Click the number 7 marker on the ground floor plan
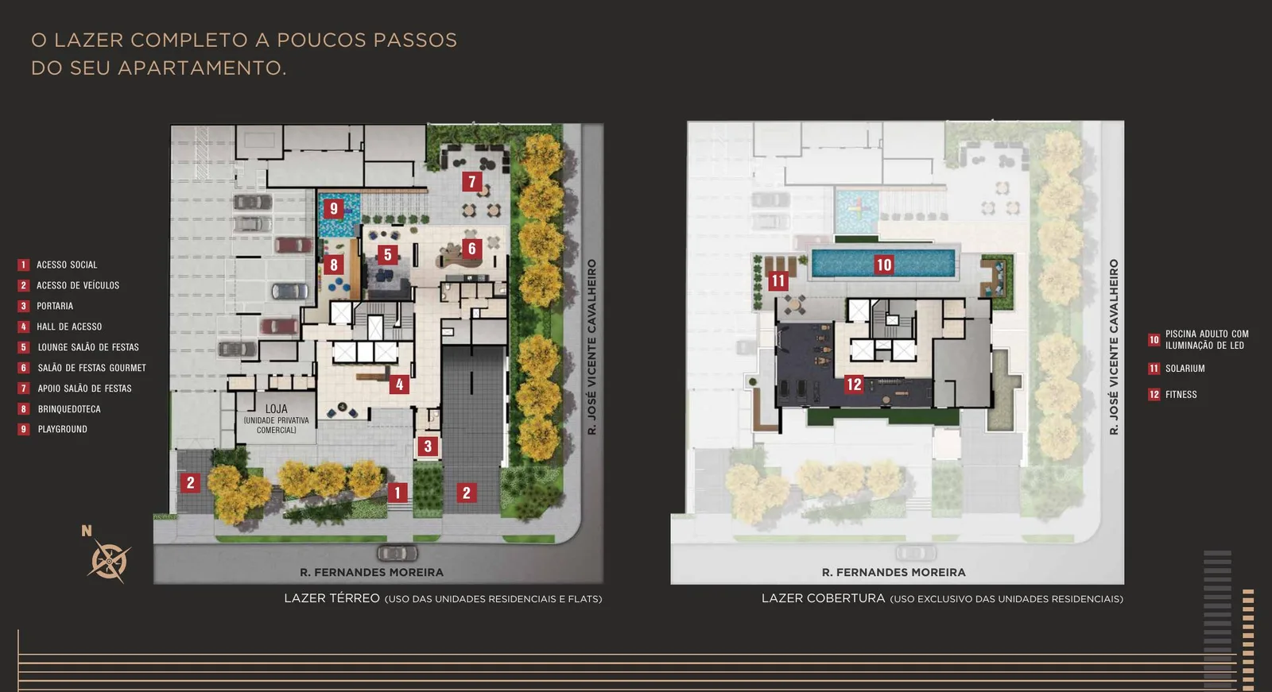472,182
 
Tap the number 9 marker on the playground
334,208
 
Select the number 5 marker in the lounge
387,254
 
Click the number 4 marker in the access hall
399,385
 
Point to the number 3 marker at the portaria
428,447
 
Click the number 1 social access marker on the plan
397,492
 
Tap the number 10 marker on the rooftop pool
883,265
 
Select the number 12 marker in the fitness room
854,385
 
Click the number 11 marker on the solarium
778,280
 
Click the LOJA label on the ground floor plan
277,408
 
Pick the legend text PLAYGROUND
63,429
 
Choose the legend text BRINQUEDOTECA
69,408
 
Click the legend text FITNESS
1181,395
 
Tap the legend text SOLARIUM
1185,369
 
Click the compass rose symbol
109,561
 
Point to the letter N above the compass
87,531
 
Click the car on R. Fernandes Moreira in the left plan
397,552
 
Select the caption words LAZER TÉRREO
332,598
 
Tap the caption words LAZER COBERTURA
823,598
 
